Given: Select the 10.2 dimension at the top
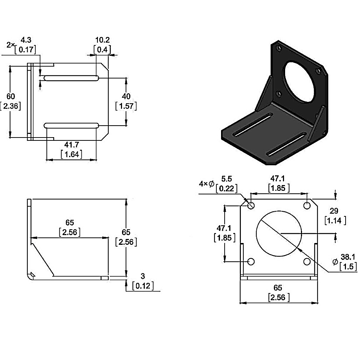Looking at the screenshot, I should [102, 40].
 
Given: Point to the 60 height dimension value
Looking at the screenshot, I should [11, 96].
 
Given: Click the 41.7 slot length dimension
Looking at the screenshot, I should [71, 145].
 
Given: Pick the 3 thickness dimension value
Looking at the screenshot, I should [143, 276].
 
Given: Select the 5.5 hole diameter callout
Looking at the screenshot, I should [227, 179].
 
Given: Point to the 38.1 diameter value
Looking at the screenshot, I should [348, 257].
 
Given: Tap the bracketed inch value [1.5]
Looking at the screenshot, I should [348, 266].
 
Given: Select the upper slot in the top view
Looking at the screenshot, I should [71, 78].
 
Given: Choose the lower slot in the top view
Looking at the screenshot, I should [71, 125].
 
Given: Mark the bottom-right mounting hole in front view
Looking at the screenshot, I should [307, 261].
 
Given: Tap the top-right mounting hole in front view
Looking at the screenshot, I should [307, 206].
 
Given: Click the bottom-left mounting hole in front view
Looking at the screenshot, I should [251, 261].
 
